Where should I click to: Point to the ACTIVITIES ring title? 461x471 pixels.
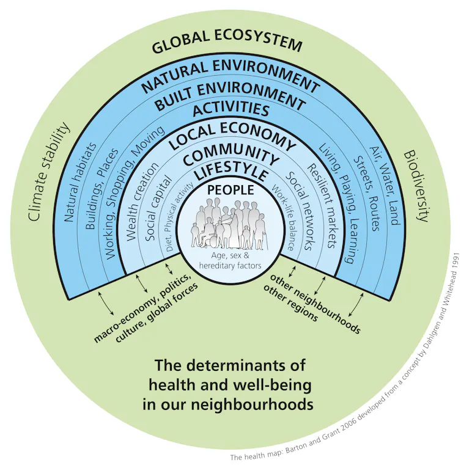(230, 109)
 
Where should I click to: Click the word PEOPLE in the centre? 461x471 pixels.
(230, 190)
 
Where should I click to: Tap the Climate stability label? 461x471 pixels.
(49, 172)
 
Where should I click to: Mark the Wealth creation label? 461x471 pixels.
(142, 202)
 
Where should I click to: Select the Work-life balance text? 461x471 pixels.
(282, 217)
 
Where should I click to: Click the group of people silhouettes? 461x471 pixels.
(230, 224)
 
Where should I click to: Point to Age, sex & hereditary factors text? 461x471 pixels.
(230, 260)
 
